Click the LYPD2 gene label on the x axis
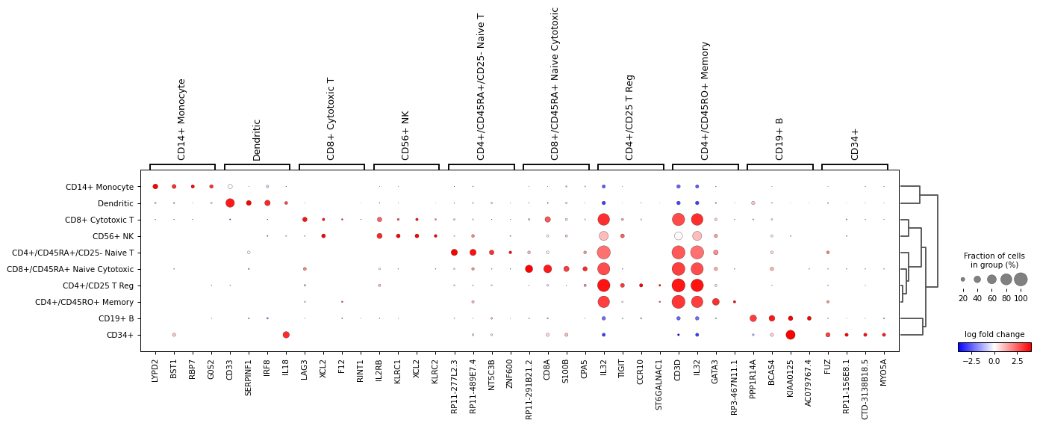[155, 371]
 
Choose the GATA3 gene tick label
[716, 371]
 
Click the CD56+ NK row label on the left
[113, 236]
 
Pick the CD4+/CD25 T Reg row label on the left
[98, 285]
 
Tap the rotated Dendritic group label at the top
[257, 140]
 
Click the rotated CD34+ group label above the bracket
[855, 143]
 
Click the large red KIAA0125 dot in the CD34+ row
[791, 335]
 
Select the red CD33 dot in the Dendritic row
[230, 203]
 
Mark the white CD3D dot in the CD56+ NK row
[678, 236]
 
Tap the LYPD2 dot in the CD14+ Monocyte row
[155, 187]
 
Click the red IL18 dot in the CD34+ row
[286, 335]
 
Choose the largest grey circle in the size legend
[1021, 280]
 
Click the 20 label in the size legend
[963, 298]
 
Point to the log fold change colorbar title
[994, 334]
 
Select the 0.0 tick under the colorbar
[994, 361]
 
